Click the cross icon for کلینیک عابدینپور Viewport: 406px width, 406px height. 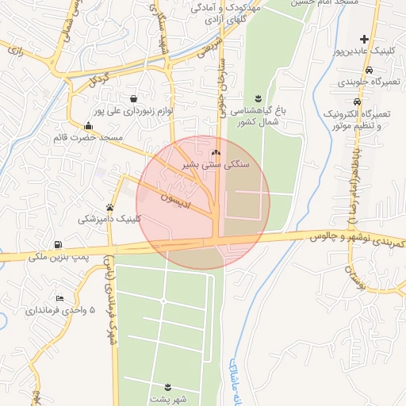point(364,39)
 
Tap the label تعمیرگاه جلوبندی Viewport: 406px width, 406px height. point(364,82)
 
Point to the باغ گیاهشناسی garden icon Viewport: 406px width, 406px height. point(259,96)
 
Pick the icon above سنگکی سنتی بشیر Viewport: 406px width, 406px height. point(216,152)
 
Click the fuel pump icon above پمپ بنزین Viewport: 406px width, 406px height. point(57,244)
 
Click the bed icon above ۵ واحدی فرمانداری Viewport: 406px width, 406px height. point(59,298)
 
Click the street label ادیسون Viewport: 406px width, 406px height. point(173,195)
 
